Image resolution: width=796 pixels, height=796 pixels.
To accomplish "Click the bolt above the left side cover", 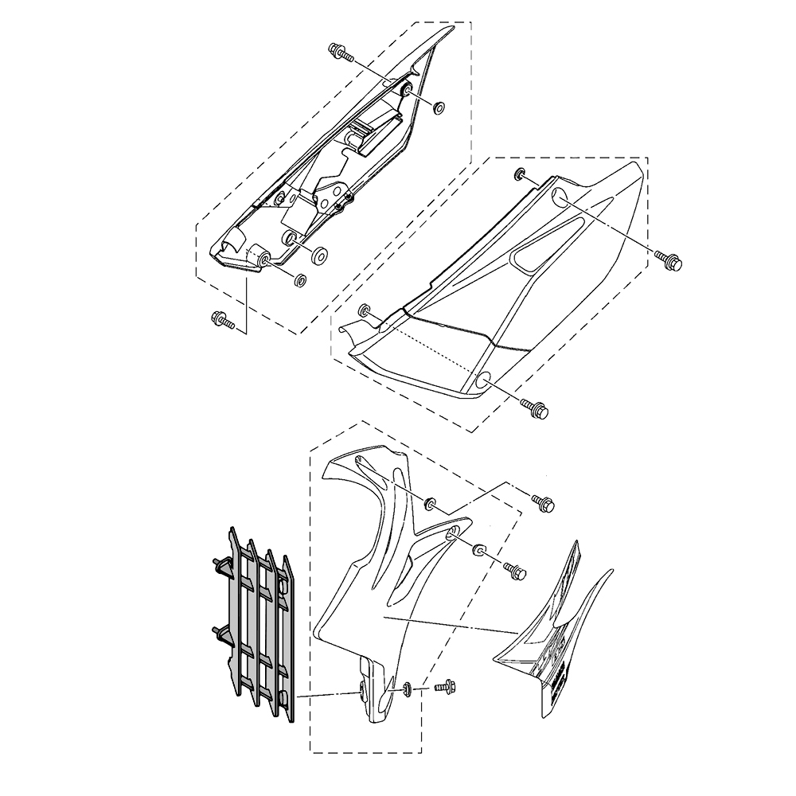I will tap(339, 53).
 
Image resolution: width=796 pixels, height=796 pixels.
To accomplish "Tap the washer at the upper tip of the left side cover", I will tap(438, 107).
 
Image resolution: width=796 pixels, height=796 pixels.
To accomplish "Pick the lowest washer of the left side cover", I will tap(301, 280).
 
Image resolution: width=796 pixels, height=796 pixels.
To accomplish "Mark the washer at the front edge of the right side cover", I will tap(365, 310).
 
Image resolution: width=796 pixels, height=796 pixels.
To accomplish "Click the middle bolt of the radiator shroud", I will tap(513, 569).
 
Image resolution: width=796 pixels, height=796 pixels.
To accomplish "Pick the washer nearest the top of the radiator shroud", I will tap(430, 502).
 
